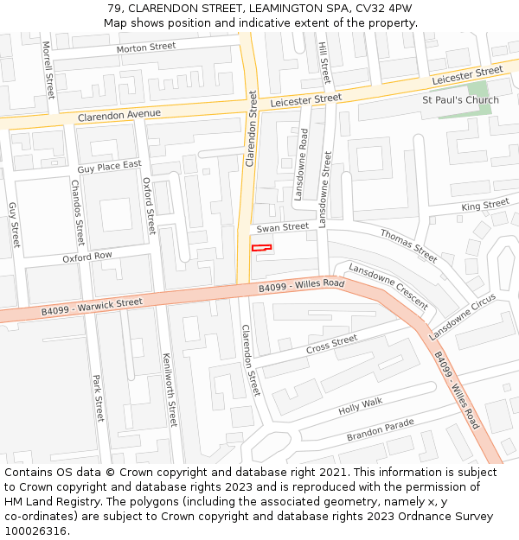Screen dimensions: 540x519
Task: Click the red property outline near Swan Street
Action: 261,248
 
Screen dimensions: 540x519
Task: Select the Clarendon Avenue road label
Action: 119,115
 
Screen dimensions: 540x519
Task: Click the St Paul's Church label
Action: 460,100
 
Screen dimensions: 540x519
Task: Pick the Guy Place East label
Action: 109,166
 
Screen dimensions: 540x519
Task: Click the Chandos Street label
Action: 78,213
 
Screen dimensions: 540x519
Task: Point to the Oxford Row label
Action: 87,257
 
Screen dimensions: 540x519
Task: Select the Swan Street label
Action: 282,227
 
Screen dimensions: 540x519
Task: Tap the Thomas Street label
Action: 409,245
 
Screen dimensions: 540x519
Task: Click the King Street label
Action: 485,205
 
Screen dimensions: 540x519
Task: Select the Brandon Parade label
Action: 381,430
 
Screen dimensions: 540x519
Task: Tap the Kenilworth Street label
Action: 170,390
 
